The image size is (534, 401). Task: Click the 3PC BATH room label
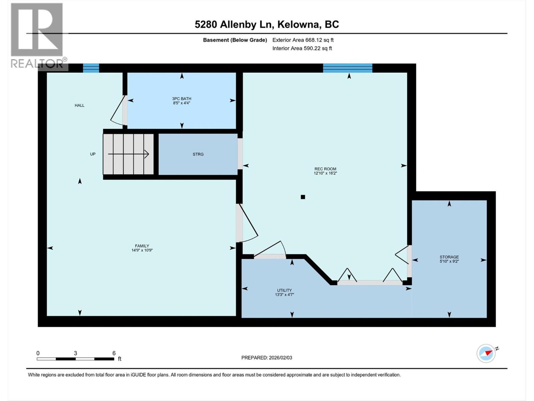coord(182,99)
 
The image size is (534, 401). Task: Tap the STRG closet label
coord(198,154)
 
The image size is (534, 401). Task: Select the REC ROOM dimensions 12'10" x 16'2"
coord(325,173)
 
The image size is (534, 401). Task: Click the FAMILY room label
coord(142,246)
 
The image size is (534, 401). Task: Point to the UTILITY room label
coord(284,290)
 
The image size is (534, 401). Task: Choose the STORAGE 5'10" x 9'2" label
coord(449,259)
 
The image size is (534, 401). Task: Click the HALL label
coord(79,105)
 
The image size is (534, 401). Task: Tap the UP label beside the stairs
coord(93,154)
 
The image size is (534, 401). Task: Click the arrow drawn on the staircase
coord(128,154)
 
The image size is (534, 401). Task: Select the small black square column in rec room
coord(303,197)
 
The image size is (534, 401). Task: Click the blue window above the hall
coord(91,68)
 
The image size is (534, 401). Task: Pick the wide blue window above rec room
coord(347,68)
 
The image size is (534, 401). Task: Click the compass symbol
coord(486,353)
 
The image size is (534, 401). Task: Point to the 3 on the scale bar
coord(75,353)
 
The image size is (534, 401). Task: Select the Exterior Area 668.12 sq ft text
coord(303,40)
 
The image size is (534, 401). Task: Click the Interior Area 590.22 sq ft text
coord(302,48)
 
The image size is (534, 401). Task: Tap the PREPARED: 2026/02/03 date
coord(267,358)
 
